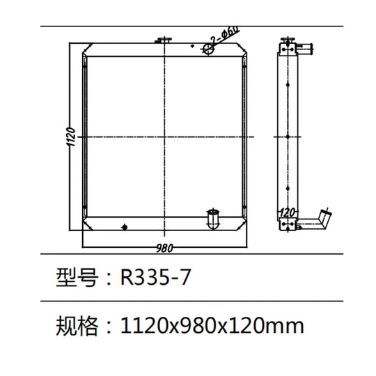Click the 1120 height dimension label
[x=70, y=137]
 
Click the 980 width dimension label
[x=164, y=249]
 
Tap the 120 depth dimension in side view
[x=288, y=212]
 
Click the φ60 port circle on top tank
[x=208, y=49]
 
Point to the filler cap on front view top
[x=164, y=40]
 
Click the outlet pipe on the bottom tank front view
[x=213, y=219]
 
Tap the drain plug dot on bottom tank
[x=125, y=227]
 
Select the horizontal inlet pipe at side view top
[x=305, y=48]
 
